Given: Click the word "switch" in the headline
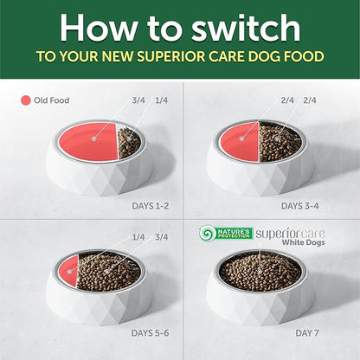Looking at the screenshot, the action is (x=246, y=28).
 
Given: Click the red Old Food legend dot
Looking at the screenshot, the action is (x=26, y=100).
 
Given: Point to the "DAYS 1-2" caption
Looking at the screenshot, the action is (x=151, y=206).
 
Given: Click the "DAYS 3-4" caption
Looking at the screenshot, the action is (x=300, y=206).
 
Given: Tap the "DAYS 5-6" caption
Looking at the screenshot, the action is (x=151, y=333).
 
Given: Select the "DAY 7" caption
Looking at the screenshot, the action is (x=307, y=333).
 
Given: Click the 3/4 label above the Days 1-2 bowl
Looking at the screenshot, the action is (x=138, y=100).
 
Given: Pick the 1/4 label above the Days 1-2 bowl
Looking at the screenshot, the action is (x=162, y=100).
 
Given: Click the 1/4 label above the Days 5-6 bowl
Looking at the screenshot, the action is (x=138, y=237).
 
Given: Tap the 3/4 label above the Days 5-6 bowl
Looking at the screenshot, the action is (x=162, y=237).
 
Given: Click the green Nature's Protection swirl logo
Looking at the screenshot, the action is (x=207, y=234).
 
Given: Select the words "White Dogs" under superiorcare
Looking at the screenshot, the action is (x=303, y=242).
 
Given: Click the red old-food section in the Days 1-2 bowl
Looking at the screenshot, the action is (x=88, y=141).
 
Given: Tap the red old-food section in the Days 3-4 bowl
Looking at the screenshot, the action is (x=239, y=141).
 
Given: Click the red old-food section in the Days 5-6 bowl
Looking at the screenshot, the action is (x=68, y=271).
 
